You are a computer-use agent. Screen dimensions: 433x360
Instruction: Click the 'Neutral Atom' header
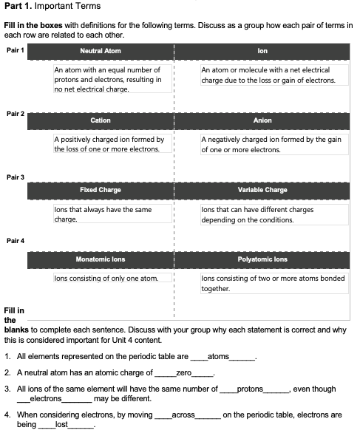pyautogui.click(x=100, y=51)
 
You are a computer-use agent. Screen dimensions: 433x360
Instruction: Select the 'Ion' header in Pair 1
pyautogui.click(x=262, y=51)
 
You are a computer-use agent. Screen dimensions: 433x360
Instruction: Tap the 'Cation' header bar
pyautogui.click(x=100, y=120)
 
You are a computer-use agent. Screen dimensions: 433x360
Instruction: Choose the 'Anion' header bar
pyautogui.click(x=262, y=120)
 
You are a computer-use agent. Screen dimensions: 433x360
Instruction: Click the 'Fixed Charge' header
pyautogui.click(x=100, y=190)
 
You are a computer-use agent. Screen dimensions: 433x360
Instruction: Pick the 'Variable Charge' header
pyautogui.click(x=262, y=190)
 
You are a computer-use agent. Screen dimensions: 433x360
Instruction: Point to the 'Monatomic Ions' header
pyautogui.click(x=100, y=260)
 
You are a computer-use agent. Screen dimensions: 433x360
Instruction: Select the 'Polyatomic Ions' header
pyautogui.click(x=262, y=260)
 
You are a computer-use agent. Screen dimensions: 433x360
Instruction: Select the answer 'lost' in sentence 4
pyautogui.click(x=62, y=426)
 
